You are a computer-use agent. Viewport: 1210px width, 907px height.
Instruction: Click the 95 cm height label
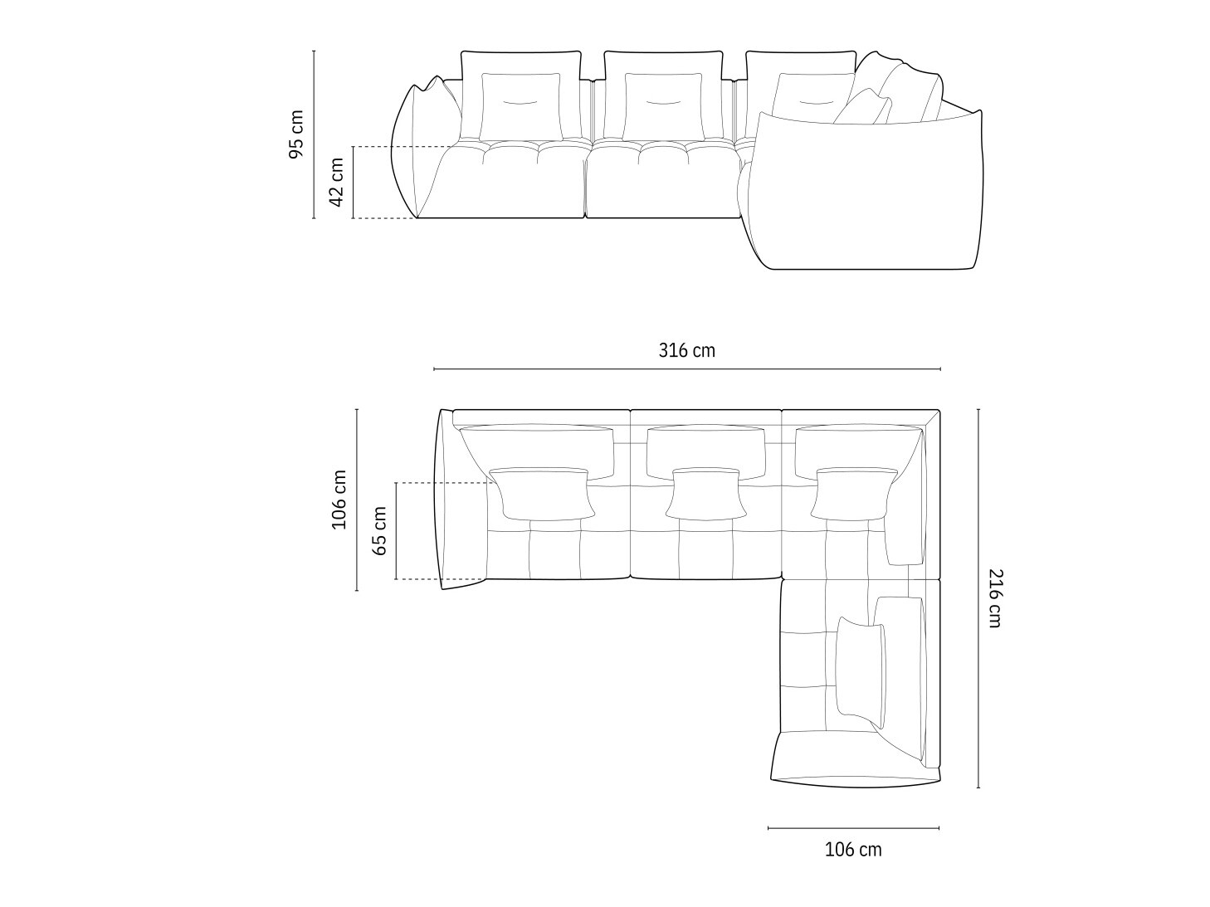point(296,134)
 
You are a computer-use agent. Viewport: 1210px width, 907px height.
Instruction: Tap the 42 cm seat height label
point(336,182)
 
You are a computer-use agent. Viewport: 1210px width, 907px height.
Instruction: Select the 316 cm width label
point(687,350)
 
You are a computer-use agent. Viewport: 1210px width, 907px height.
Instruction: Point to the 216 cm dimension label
point(995,598)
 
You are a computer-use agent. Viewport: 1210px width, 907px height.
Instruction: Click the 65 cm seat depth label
point(379,530)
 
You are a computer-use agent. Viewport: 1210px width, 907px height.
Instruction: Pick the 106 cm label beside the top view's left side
point(339,500)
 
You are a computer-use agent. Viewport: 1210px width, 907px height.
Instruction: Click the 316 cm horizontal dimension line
point(687,368)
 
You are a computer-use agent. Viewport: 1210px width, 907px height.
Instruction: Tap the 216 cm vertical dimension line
point(978,598)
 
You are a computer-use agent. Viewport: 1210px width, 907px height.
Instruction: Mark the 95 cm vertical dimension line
point(315,134)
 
